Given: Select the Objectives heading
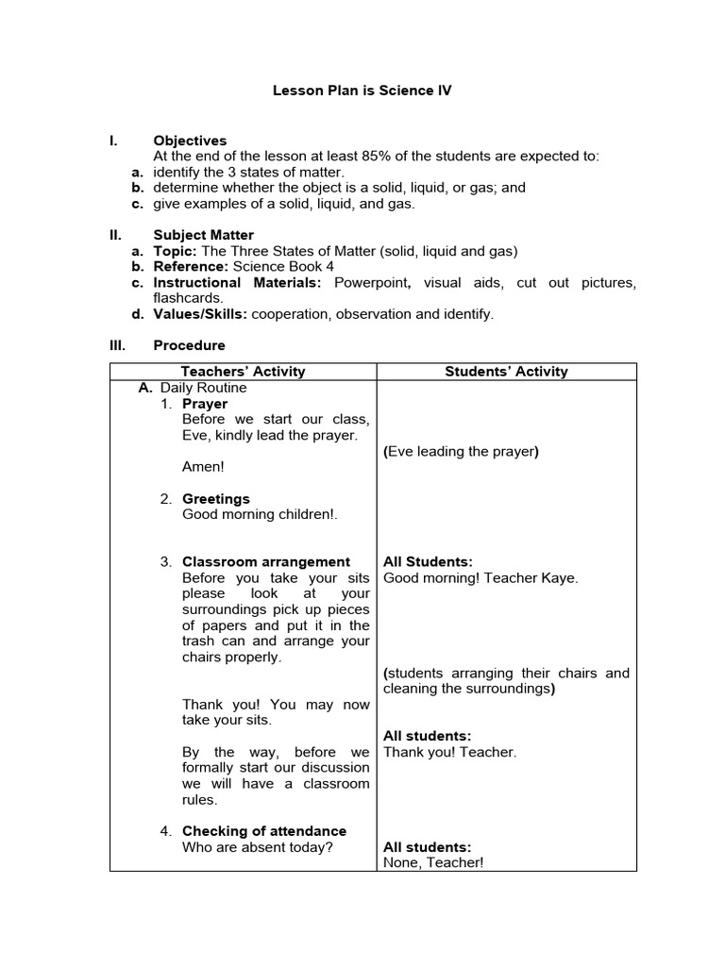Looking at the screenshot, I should (190, 141).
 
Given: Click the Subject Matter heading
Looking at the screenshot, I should (203, 235).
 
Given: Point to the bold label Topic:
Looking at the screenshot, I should (176, 251).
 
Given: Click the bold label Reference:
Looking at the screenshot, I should (191, 267).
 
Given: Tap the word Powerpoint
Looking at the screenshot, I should (371, 283).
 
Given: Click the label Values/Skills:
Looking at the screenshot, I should (200, 314).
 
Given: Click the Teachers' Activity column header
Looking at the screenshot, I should (243, 372).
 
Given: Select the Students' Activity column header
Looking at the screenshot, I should (506, 372).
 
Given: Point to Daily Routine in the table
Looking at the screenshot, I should (203, 388).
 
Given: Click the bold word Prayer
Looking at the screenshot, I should (205, 404).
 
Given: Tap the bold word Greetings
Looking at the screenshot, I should (216, 499).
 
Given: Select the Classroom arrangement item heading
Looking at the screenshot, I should (265, 562).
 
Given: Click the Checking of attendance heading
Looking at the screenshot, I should (263, 831).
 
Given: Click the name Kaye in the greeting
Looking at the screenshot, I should (561, 578).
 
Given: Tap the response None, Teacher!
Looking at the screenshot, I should (432, 863).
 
